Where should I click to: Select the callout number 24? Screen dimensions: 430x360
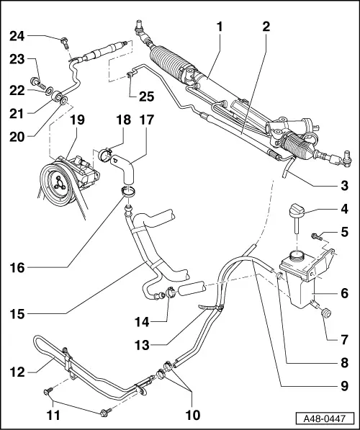[x=17, y=36]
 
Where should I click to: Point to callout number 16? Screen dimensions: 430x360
[x=17, y=268]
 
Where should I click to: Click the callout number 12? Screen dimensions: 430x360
[x=17, y=372]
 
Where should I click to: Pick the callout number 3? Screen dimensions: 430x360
[x=346, y=184]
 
